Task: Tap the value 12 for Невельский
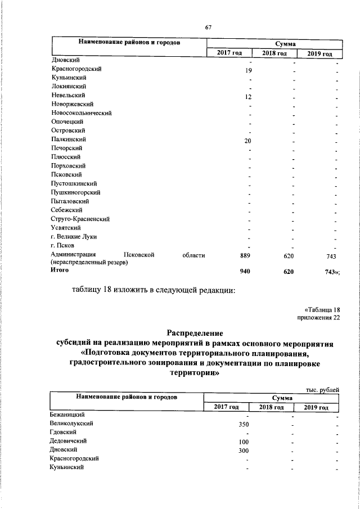tap(247, 97)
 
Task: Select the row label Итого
tap(60, 270)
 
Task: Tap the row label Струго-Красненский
tap(79, 219)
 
